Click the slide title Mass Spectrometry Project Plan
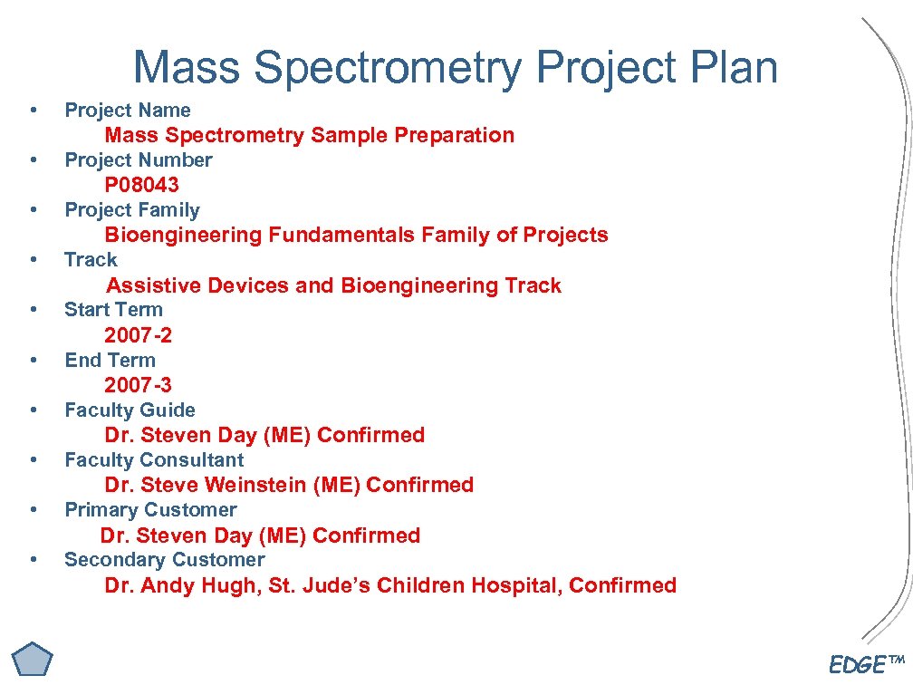click(x=456, y=67)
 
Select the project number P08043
click(x=141, y=185)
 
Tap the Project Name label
click(x=128, y=111)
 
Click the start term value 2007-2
click(x=138, y=335)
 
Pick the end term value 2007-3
click(x=138, y=385)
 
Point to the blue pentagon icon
click(x=33, y=659)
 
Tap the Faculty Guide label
click(x=130, y=410)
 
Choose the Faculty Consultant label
click(x=154, y=460)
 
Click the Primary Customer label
click(x=150, y=510)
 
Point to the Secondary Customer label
click(x=165, y=560)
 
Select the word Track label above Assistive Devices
click(x=91, y=260)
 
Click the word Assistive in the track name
click(x=154, y=285)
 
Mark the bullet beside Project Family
click(x=34, y=210)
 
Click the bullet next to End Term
click(x=34, y=361)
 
